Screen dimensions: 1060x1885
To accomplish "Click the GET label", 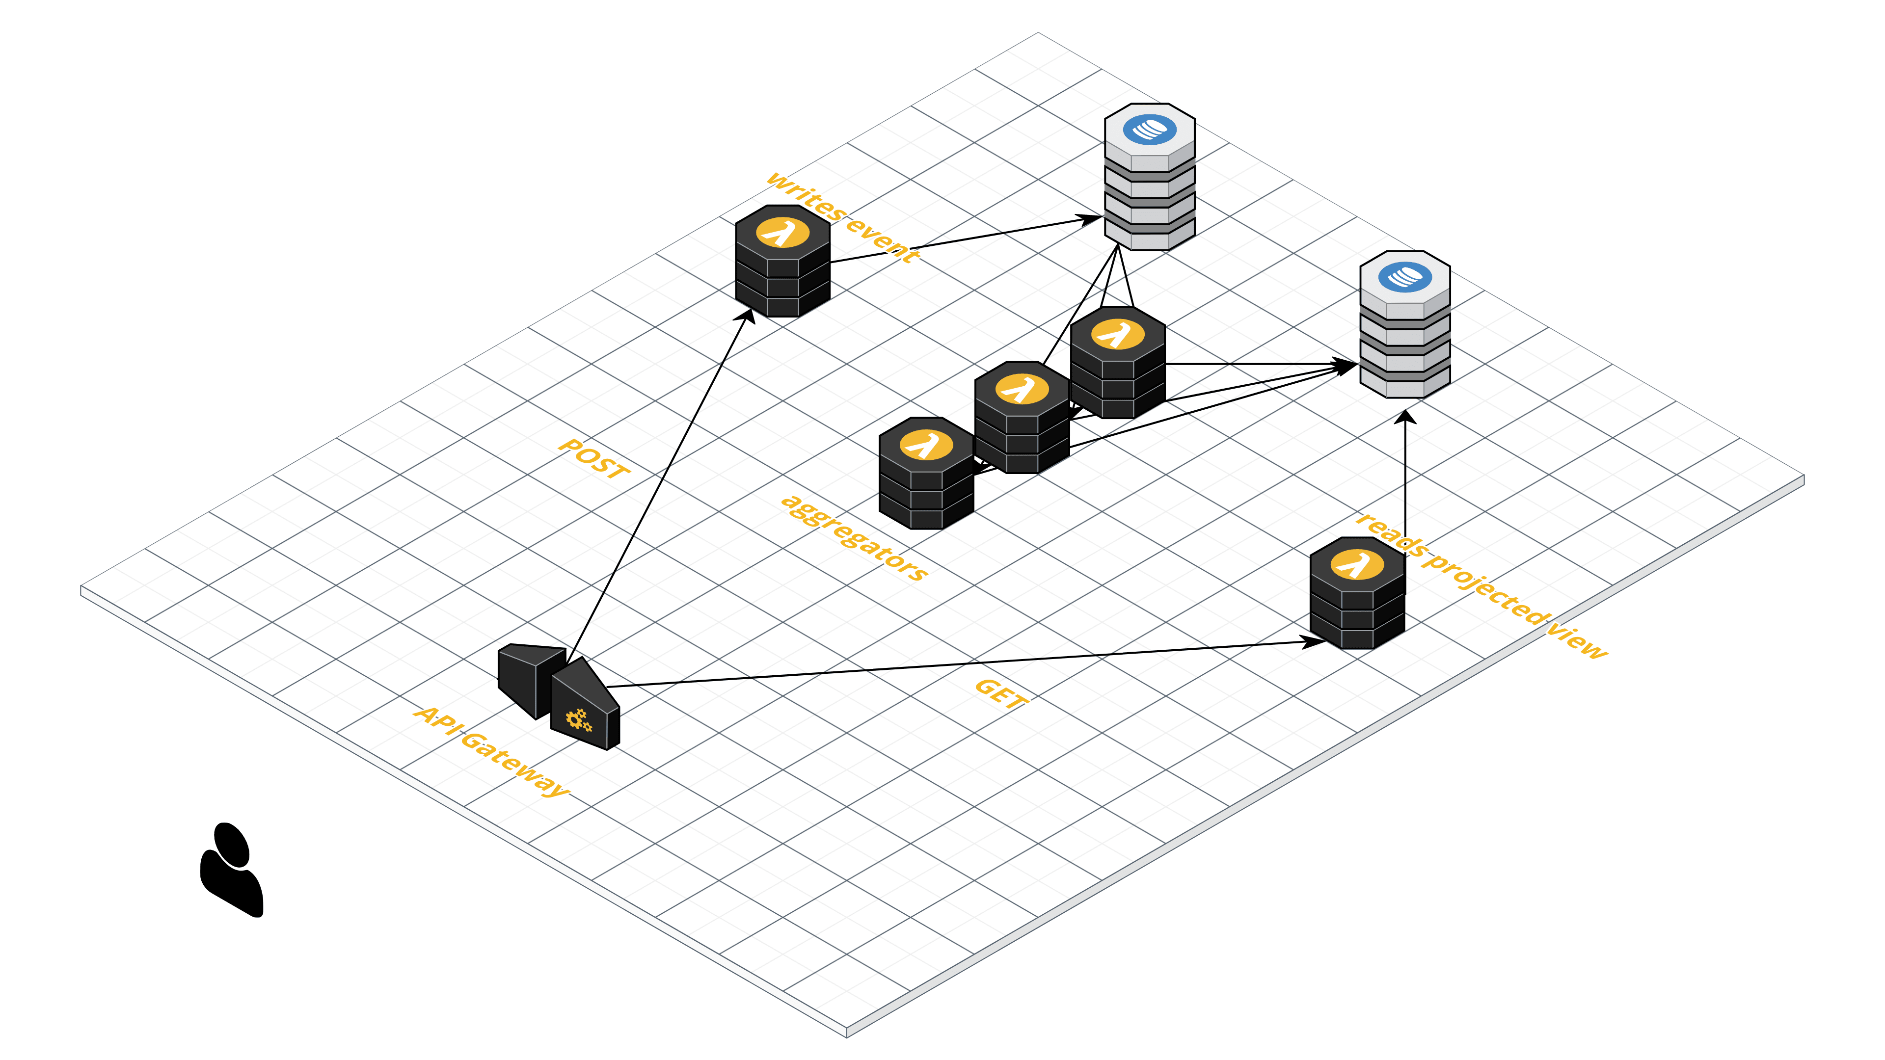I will pyautogui.click(x=1001, y=693).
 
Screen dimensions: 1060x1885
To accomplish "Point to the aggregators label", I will pyautogui.click(x=855, y=538).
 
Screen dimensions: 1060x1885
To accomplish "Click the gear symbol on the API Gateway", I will pyautogui.click(x=579, y=720).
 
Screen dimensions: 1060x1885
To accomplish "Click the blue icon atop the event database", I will pyautogui.click(x=1150, y=130).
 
